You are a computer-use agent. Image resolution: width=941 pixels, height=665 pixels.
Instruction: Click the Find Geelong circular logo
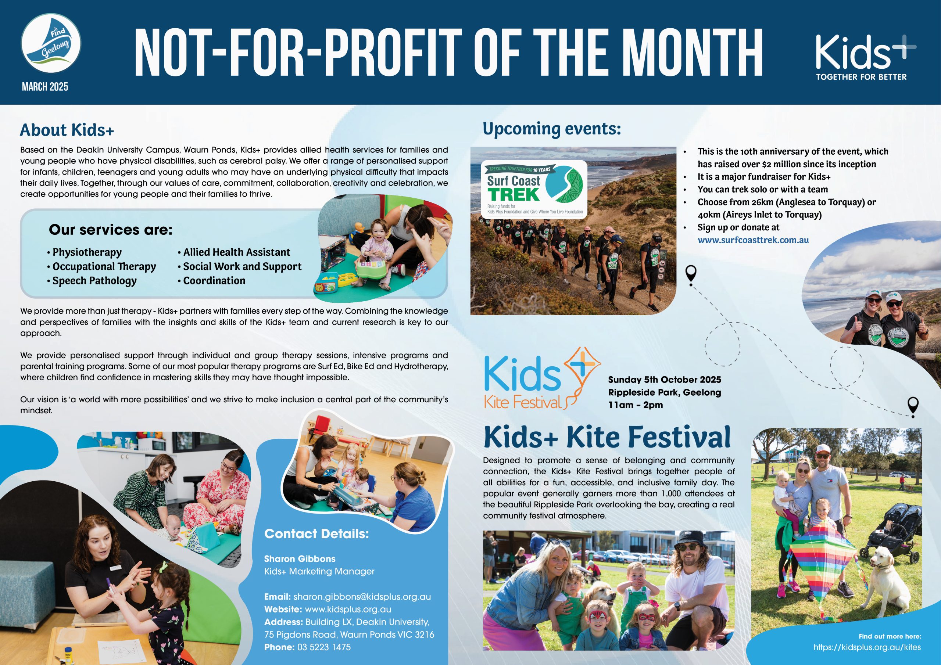[x=51, y=43]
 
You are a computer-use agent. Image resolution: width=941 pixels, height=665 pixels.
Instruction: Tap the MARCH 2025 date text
[x=45, y=87]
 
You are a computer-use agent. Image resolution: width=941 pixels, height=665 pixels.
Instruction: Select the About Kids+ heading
[x=67, y=130]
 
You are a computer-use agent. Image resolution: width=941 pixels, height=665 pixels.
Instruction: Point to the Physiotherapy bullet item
[x=85, y=252]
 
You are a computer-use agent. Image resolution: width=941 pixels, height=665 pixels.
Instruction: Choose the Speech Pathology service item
[x=92, y=281]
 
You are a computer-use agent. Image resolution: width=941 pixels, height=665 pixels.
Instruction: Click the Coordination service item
[x=211, y=281]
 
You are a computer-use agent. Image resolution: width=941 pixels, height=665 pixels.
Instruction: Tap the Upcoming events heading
[x=552, y=129]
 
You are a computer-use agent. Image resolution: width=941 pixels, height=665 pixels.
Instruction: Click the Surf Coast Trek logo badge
[x=534, y=189]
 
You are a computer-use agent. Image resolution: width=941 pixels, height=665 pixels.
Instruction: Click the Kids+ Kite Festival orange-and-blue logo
[x=542, y=378]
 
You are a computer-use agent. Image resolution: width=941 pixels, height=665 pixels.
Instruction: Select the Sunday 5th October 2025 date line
[x=664, y=380]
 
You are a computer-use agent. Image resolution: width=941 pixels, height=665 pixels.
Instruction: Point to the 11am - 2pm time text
[x=635, y=405]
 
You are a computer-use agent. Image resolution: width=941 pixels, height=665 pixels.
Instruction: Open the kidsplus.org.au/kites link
[x=867, y=647]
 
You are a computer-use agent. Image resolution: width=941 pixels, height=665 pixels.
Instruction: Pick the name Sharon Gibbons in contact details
[x=300, y=559]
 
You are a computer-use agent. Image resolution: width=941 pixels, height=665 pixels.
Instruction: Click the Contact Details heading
[x=316, y=533]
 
